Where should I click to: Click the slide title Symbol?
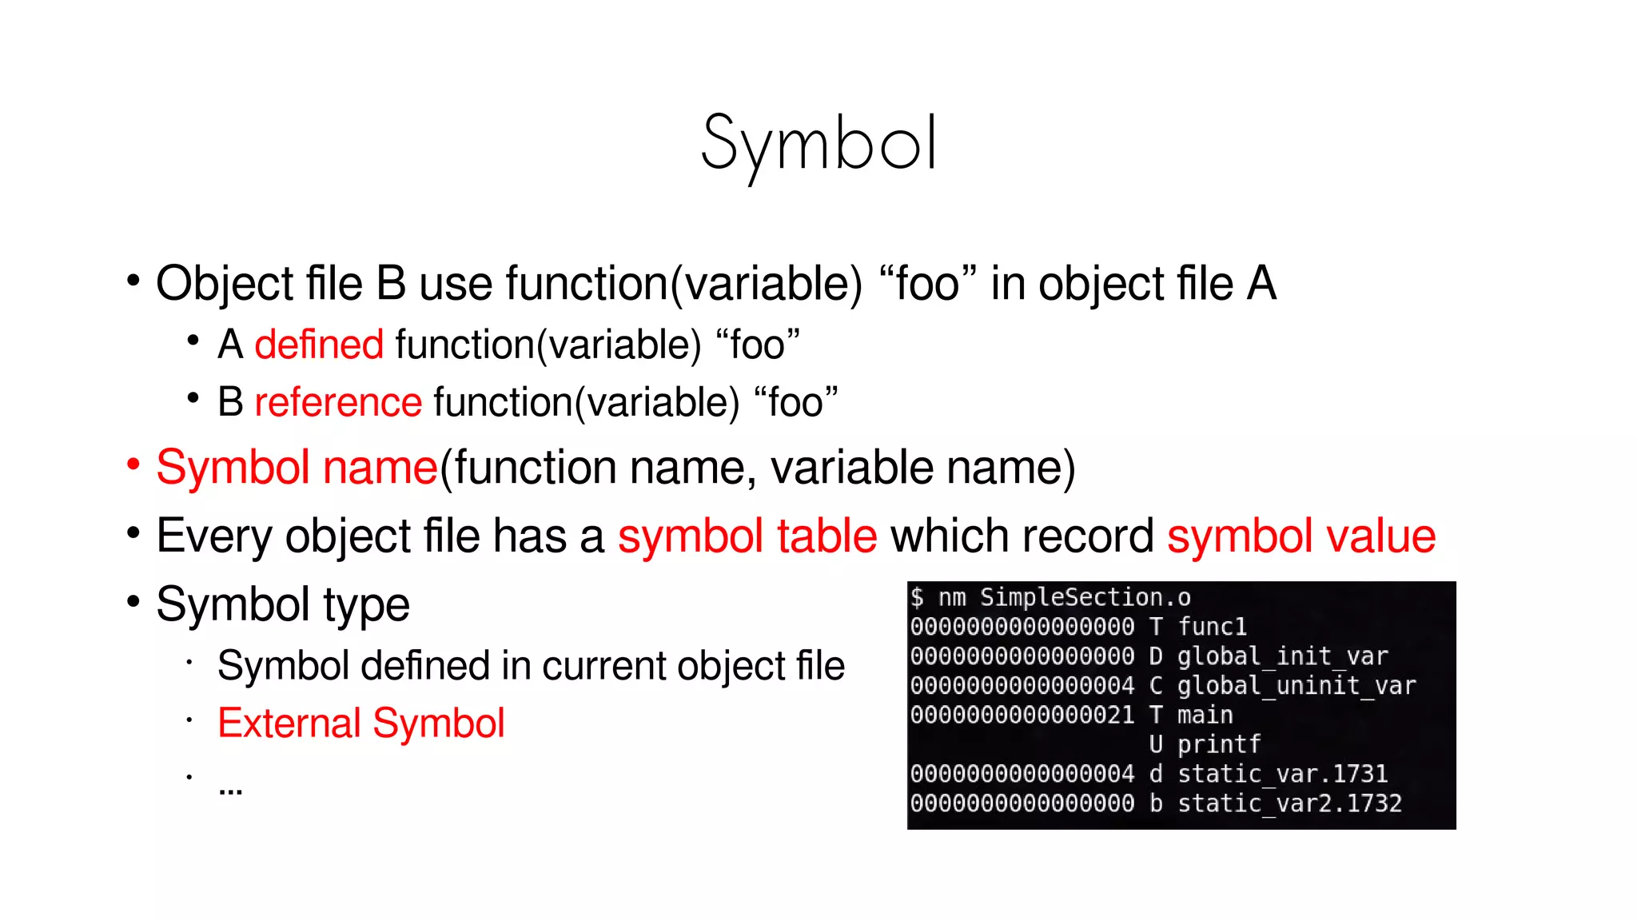pyautogui.click(x=818, y=144)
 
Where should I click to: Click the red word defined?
pyautogui.click(x=319, y=345)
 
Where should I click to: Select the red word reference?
pyautogui.click(x=337, y=401)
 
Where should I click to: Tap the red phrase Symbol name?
pyautogui.click(x=297, y=467)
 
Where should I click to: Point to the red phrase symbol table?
pyautogui.click(x=747, y=536)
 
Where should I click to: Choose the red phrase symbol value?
pyautogui.click(x=1301, y=536)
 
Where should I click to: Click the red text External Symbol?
pyautogui.click(x=360, y=723)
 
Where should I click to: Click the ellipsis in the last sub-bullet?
pyautogui.click(x=230, y=790)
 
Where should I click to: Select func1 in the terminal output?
pyautogui.click(x=1212, y=626)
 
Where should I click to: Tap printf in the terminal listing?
pyautogui.click(x=1219, y=744)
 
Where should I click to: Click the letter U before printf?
pyautogui.click(x=1156, y=744)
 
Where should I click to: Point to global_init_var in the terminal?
pyautogui.click(x=1282, y=656)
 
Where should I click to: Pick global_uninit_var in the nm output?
pyautogui.click(x=1296, y=685)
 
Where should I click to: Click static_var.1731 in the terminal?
pyautogui.click(x=1282, y=774)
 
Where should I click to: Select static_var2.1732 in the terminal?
pyautogui.click(x=1289, y=803)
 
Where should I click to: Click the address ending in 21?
pyautogui.click(x=1022, y=715)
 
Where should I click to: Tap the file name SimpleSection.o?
pyautogui.click(x=1085, y=597)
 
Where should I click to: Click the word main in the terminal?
pyautogui.click(x=1205, y=715)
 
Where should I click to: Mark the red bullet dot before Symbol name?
pyautogui.click(x=133, y=464)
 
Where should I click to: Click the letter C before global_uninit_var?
pyautogui.click(x=1156, y=685)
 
